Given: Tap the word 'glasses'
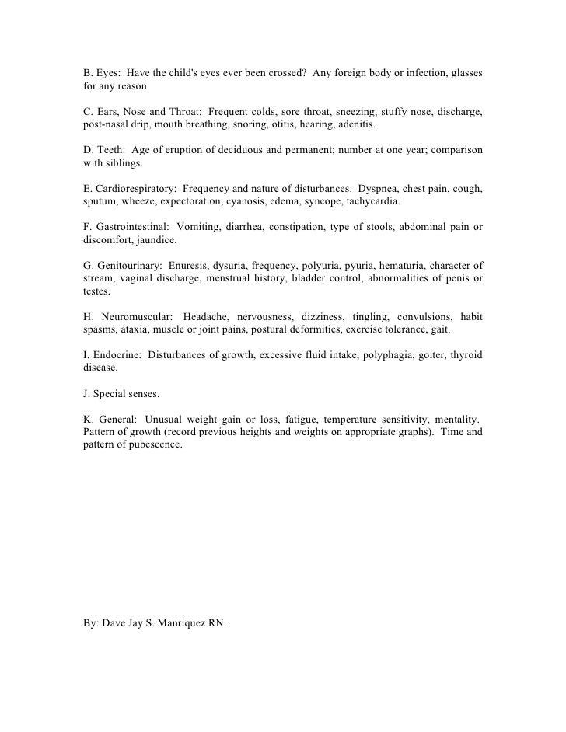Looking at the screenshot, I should pyautogui.click(x=463, y=73).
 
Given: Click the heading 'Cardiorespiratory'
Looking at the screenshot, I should pyautogui.click(x=132, y=189).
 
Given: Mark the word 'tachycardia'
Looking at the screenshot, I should pyautogui.click(x=371, y=201).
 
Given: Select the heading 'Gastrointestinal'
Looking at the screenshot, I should pyautogui.click(x=128, y=227).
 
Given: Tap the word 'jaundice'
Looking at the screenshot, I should pyautogui.click(x=156, y=240).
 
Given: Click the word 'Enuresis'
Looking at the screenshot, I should pyautogui.click(x=190, y=266).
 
